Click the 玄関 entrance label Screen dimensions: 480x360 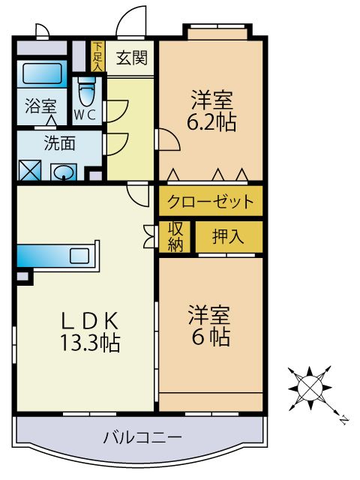tap(130, 57)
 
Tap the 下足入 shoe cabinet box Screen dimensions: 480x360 tap(97, 56)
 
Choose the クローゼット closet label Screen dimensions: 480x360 tap(210, 202)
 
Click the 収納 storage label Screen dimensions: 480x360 tap(175, 237)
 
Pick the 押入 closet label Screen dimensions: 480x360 tap(228, 237)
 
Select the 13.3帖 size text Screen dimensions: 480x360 tap(90, 343)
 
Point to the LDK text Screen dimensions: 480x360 tap(90, 319)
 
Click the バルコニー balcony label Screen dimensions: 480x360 tap(142, 437)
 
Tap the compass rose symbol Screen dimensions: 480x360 tap(308, 387)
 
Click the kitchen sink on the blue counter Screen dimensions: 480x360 tap(79, 256)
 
